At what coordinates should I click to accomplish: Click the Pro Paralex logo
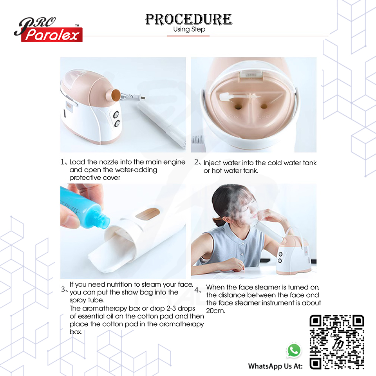pos(48,30)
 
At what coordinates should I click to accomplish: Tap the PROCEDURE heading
pos(189,19)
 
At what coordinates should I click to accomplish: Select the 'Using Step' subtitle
pos(189,29)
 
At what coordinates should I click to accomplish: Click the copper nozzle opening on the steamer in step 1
pos(116,95)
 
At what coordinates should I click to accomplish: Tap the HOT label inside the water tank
pos(235,117)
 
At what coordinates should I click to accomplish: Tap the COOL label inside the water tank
pos(265,117)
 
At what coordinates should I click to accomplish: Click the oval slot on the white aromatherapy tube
pos(148,214)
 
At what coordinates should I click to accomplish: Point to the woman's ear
pos(226,220)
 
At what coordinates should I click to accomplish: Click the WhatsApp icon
pos(294,350)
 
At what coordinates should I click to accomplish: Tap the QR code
pos(337,342)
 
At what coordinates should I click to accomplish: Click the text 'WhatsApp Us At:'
pos(275,366)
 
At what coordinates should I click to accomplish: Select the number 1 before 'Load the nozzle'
pos(63,162)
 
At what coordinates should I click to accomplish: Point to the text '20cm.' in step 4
pos(215,311)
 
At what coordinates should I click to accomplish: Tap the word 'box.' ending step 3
pos(76,332)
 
